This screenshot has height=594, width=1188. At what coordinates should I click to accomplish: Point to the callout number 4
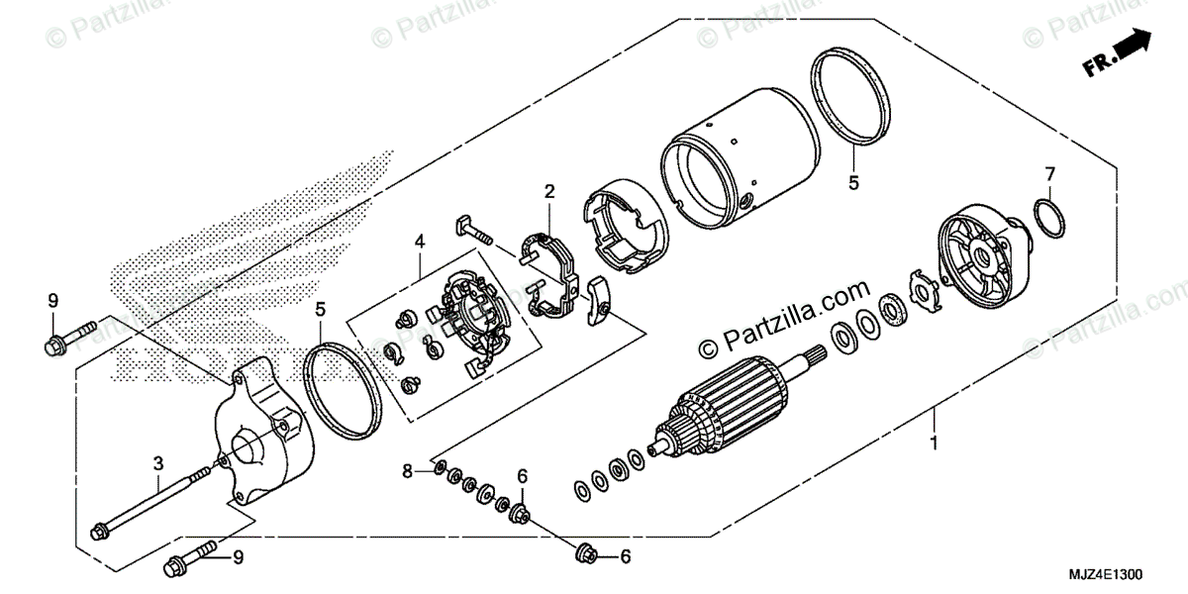[419, 241]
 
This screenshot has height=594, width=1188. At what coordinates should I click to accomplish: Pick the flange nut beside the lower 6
[585, 555]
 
